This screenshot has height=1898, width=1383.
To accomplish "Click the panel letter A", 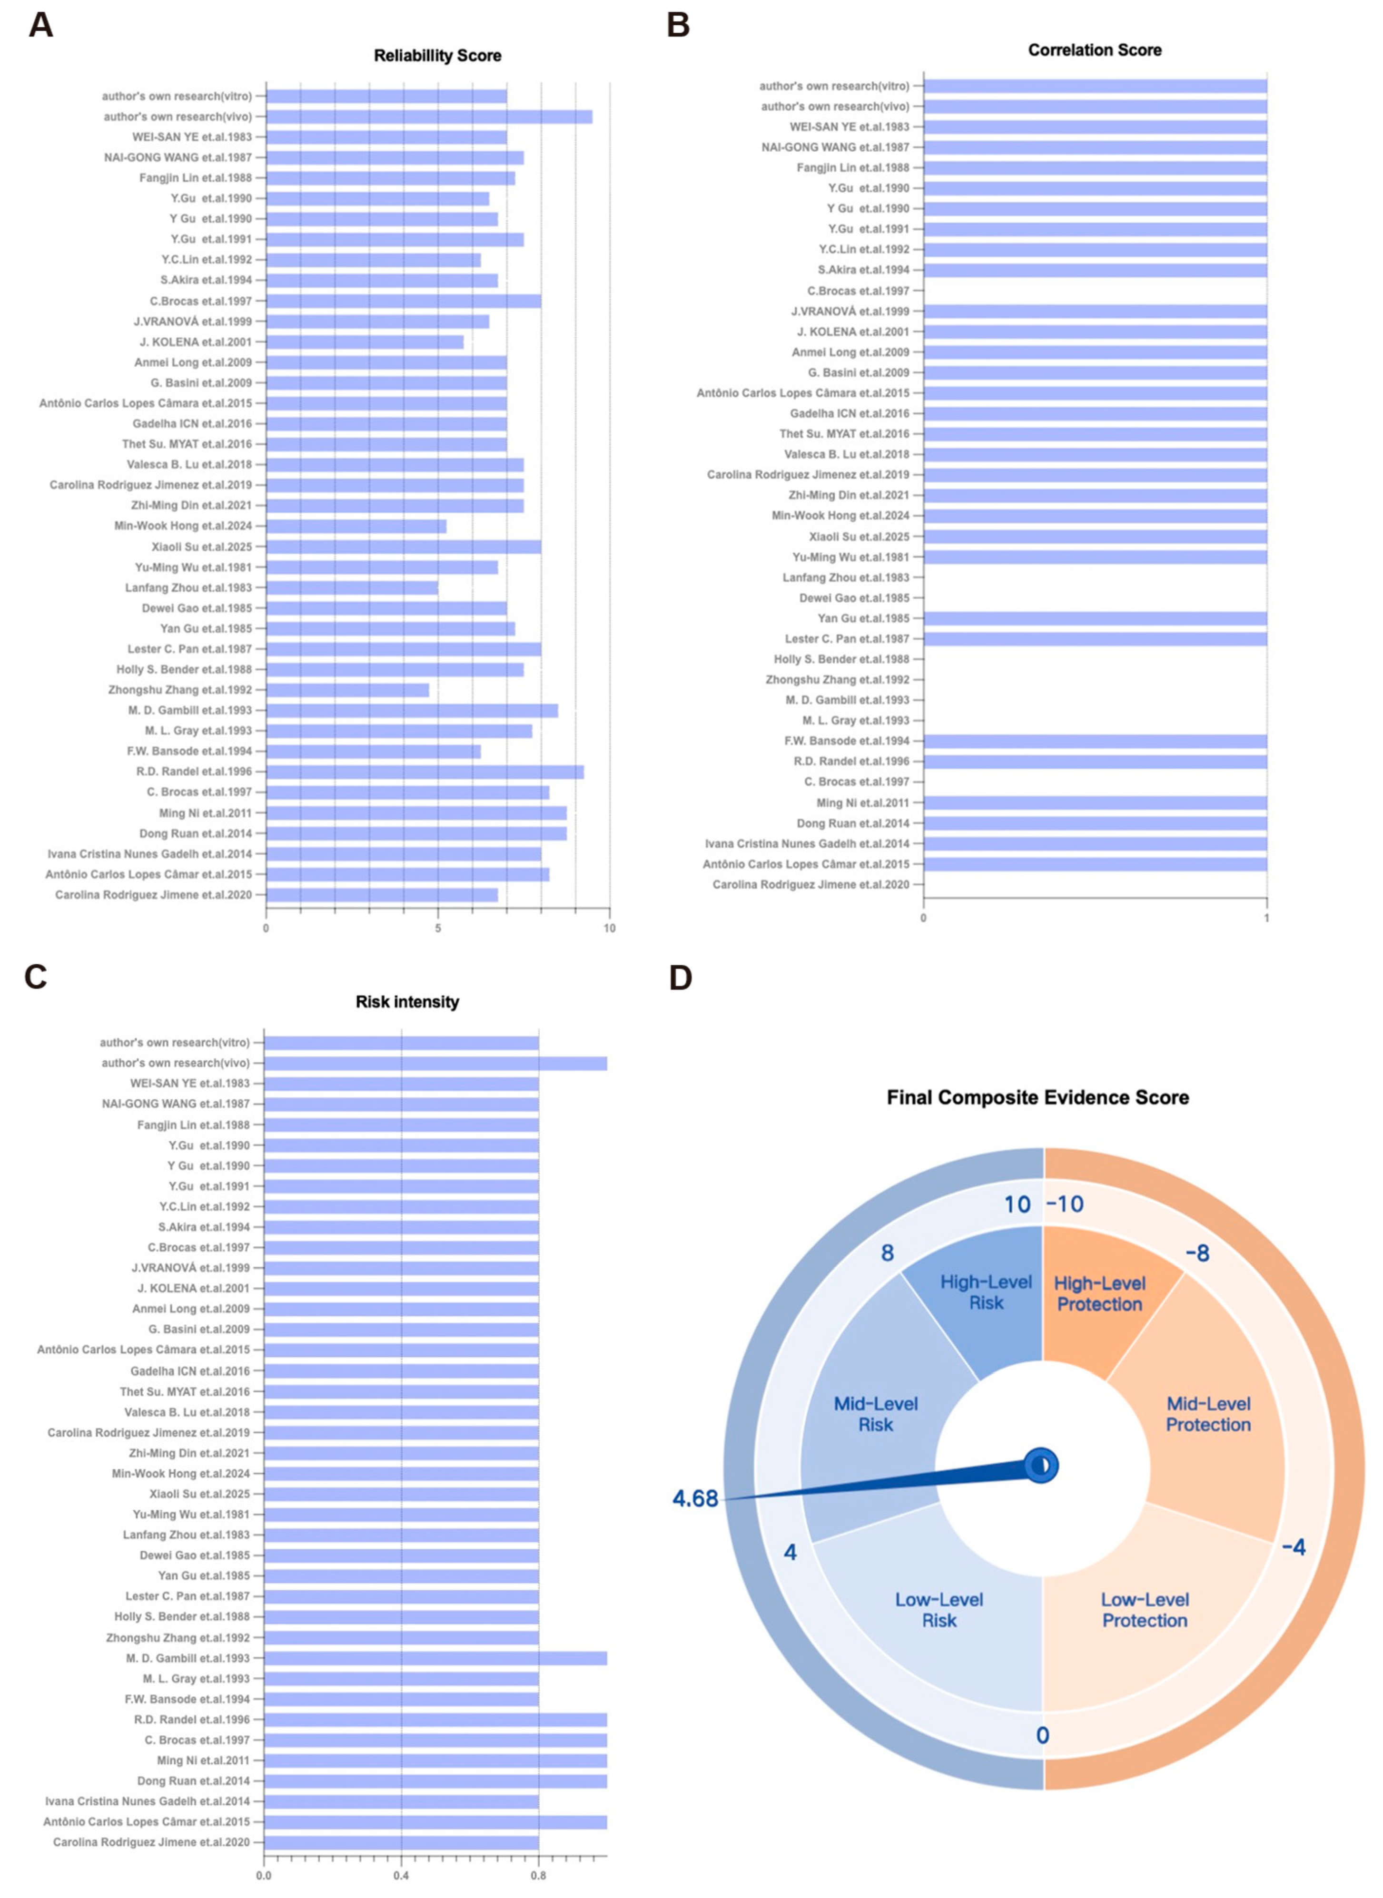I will coord(40,25).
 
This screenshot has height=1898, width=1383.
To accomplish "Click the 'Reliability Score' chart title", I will coord(437,56).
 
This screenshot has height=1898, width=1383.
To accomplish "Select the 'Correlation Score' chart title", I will coord(1094,50).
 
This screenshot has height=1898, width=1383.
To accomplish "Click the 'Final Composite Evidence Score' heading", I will coord(1037,1097).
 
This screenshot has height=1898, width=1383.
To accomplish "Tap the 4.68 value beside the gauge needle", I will coord(695,1498).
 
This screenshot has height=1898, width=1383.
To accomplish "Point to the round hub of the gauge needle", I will coord(1041,1465).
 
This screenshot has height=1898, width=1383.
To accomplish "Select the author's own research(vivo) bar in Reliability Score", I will coord(429,117).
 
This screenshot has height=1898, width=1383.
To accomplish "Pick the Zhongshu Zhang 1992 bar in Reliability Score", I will coord(347,690).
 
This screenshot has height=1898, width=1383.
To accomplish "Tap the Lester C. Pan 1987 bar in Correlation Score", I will coord(1094,638).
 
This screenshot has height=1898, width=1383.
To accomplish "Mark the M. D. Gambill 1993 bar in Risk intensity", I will coord(435,1658).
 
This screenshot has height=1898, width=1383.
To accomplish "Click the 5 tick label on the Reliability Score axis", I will coord(438,928).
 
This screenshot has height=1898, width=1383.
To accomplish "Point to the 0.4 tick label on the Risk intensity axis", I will coord(401,1875).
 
